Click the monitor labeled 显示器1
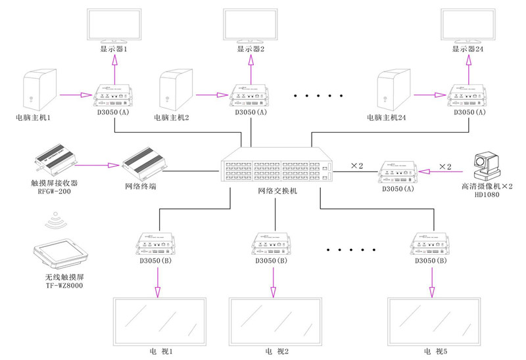click(114, 26)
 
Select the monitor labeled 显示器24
click(469, 26)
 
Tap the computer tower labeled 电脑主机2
click(175, 92)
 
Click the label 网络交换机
click(277, 191)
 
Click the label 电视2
click(274, 351)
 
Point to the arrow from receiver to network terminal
click(99, 166)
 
